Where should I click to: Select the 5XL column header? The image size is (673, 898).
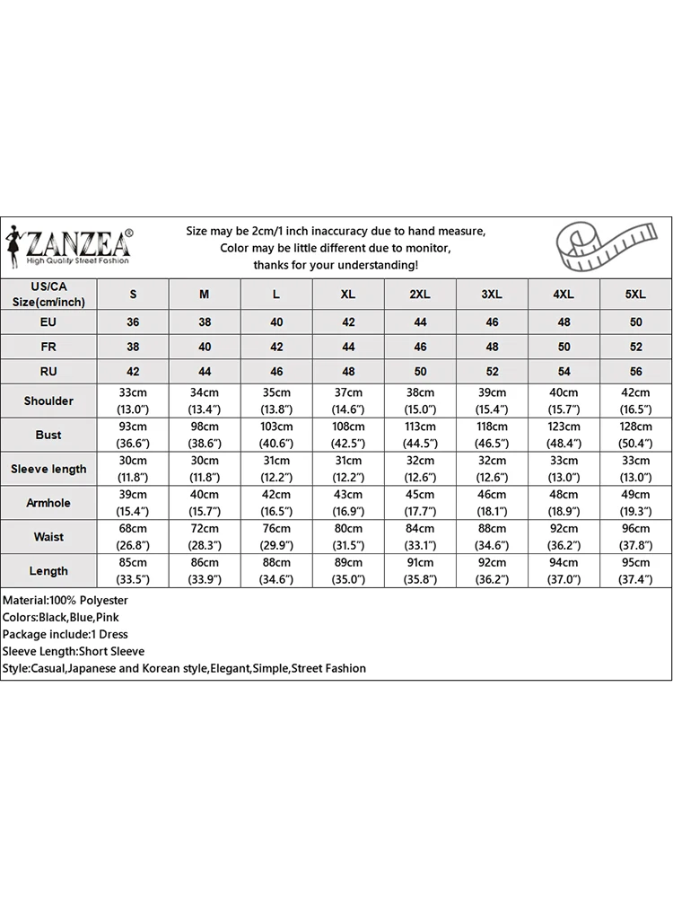(635, 295)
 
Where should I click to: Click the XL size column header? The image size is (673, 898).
(348, 295)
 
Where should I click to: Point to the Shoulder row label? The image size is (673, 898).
(48, 401)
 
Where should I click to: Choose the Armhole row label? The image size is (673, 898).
(48, 503)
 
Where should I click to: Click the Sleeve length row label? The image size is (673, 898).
(48, 469)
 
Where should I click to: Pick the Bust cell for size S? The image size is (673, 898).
(133, 435)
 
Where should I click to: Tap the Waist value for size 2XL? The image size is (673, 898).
(420, 537)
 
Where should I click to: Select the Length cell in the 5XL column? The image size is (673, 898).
(635, 571)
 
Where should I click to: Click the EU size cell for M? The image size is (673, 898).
(205, 321)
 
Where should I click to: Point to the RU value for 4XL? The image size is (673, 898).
(564, 371)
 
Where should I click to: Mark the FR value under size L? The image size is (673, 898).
(276, 346)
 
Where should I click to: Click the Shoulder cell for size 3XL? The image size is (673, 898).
(492, 401)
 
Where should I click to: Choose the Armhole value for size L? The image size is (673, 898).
(276, 503)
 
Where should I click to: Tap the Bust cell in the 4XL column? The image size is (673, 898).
(564, 435)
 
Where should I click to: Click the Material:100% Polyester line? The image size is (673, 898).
(66, 600)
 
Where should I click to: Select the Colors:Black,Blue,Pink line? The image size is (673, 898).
(61, 617)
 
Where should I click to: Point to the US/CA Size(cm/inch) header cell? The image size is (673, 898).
(48, 294)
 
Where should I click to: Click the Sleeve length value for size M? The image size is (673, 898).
(205, 469)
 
